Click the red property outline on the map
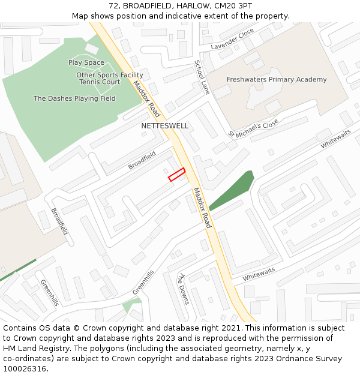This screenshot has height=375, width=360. click(176, 175)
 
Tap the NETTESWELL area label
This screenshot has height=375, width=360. click(165, 126)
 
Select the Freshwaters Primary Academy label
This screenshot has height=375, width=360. click(277, 79)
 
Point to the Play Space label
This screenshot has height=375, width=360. click(86, 62)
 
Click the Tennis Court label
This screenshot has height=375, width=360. click(100, 82)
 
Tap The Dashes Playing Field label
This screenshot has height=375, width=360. click(74, 98)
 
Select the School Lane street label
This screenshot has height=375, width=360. click(202, 77)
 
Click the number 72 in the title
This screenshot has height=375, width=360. click(115, 6)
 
